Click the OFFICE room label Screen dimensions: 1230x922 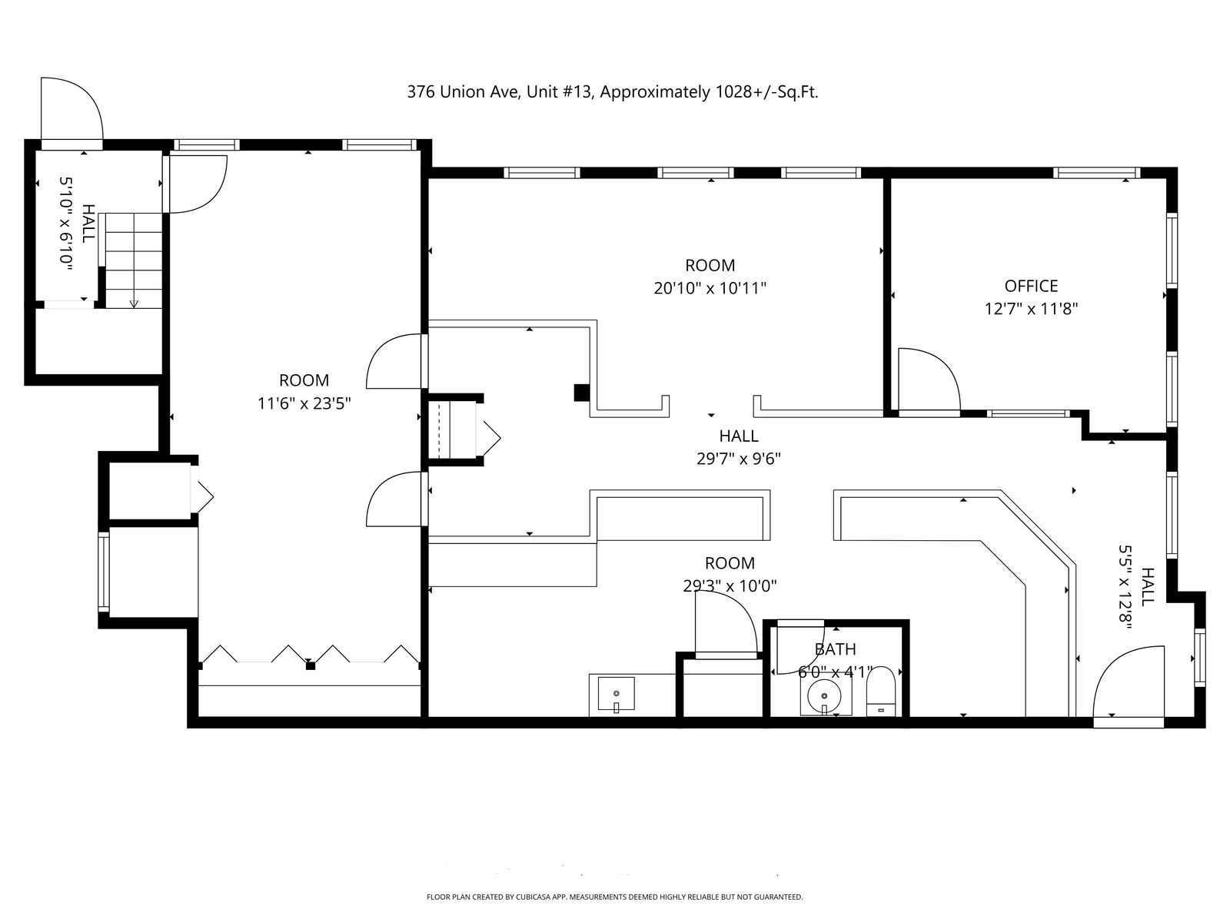coord(1031,286)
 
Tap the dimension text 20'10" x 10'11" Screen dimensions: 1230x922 coord(710,288)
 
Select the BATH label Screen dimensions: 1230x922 coord(835,649)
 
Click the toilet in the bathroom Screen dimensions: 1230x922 coord(881,691)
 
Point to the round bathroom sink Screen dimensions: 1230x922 coord(824,697)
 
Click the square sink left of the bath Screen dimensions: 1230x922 coord(616,694)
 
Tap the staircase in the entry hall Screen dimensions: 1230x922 coord(134,260)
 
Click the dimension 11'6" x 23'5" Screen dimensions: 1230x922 coord(304,403)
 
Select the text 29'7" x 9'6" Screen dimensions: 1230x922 coord(738,459)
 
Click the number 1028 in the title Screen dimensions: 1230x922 coord(733,91)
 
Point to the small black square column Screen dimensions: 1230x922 coord(582,393)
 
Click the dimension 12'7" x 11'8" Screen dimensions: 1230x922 coord(1031,309)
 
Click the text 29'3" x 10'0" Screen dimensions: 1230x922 coord(730,586)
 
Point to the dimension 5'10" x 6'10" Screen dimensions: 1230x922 coord(67,224)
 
